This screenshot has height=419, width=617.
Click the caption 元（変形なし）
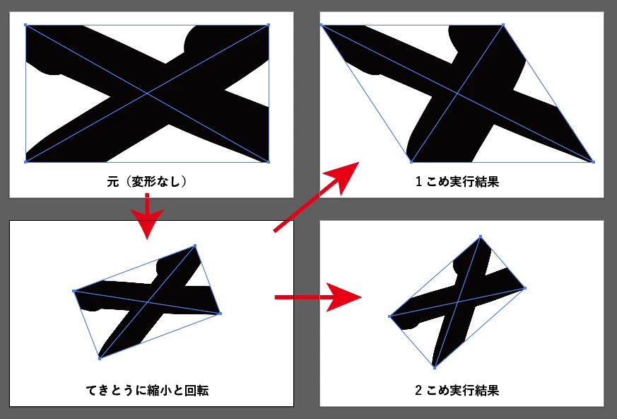147,182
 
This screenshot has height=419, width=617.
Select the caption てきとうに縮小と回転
147,391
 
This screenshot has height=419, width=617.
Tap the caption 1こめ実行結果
457,182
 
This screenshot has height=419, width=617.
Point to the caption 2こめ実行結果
457,391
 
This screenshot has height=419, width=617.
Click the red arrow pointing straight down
147,216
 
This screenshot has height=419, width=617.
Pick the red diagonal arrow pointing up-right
317,196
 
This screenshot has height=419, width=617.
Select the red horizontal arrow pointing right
318,297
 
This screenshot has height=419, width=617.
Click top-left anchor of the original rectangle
25,25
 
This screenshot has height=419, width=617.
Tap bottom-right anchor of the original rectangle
269,161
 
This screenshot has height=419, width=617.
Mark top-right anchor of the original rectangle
269,25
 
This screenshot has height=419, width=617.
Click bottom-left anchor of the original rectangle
25,161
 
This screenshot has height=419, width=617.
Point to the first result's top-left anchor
321,25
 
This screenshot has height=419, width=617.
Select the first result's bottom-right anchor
593,161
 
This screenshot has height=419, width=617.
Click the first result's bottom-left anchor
411,161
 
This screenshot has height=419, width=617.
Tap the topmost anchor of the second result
481,236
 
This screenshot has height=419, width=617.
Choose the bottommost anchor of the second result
435,368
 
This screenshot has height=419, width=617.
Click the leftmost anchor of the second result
389,316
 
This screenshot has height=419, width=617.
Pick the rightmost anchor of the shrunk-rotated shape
221,314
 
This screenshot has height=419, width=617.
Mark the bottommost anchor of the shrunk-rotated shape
100,359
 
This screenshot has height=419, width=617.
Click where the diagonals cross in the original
147,93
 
